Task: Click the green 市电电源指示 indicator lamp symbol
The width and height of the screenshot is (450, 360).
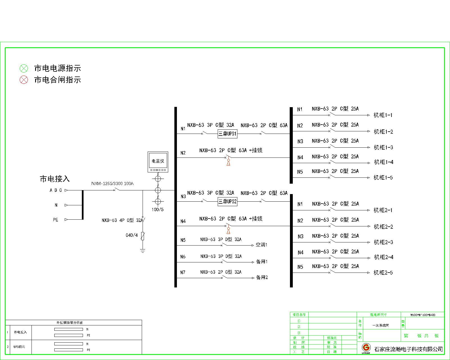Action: coord(24,68)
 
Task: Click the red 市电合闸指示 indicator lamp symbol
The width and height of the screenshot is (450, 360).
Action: coord(24,80)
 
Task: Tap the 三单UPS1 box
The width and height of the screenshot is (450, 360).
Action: coord(228,134)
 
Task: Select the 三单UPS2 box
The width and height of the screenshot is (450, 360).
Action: coord(228,201)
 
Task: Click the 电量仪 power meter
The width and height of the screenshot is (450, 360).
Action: coord(158,162)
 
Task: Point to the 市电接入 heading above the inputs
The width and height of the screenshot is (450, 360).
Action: coord(55,179)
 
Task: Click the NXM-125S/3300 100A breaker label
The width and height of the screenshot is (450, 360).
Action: coord(112,184)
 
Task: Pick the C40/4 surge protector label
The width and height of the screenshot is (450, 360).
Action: coord(132,235)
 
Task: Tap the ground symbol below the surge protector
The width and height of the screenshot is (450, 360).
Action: coord(143,250)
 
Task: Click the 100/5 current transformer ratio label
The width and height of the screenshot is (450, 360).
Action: coord(157,210)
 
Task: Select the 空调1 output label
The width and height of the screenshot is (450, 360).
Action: coord(261,245)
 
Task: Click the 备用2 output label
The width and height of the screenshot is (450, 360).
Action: coord(262,278)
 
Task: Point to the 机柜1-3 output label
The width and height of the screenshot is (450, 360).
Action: coord(383,147)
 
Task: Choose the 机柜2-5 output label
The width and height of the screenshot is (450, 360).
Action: coord(383,273)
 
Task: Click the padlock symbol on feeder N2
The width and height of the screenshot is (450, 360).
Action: coord(228,162)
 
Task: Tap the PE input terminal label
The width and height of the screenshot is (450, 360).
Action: coord(55,220)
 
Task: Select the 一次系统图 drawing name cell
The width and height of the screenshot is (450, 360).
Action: coord(381,325)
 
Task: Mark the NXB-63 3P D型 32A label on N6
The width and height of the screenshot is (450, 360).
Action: coord(221,256)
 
